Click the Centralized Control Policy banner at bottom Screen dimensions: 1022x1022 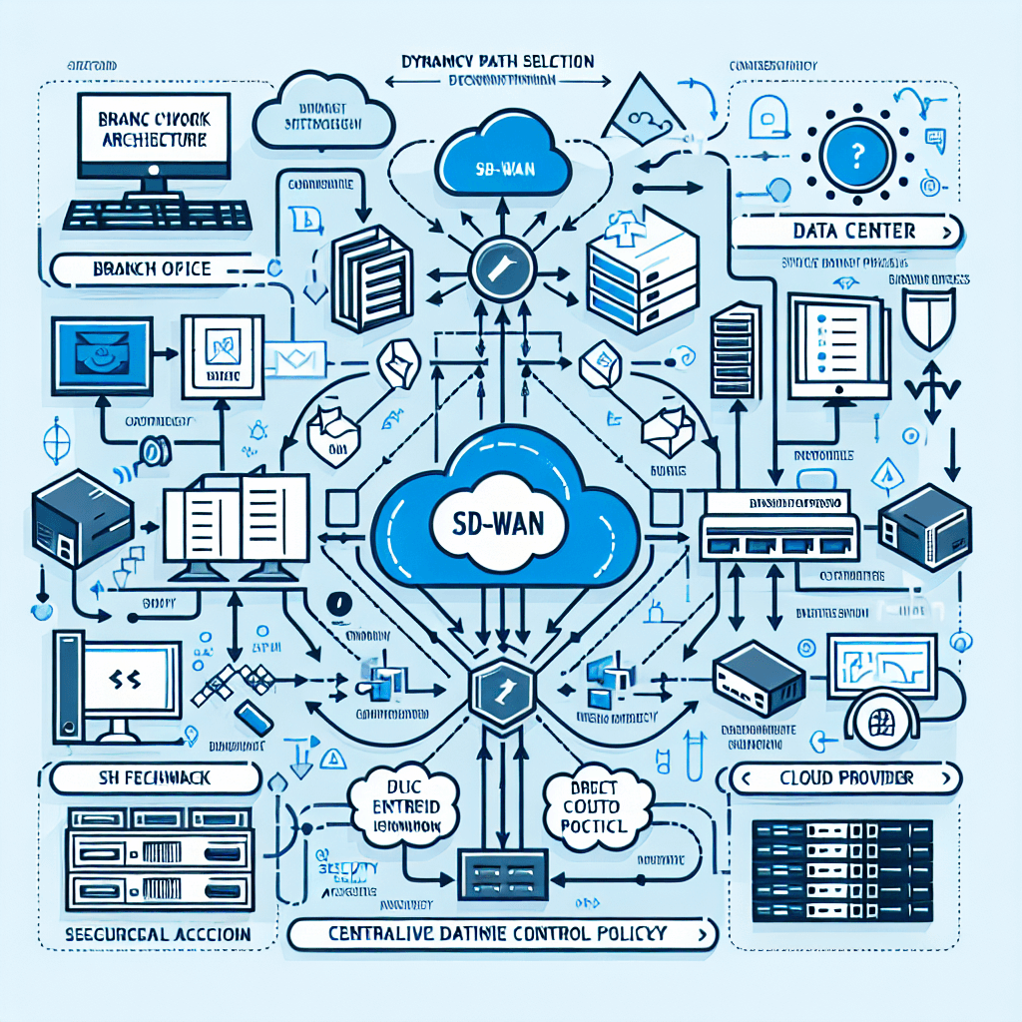(499, 934)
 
